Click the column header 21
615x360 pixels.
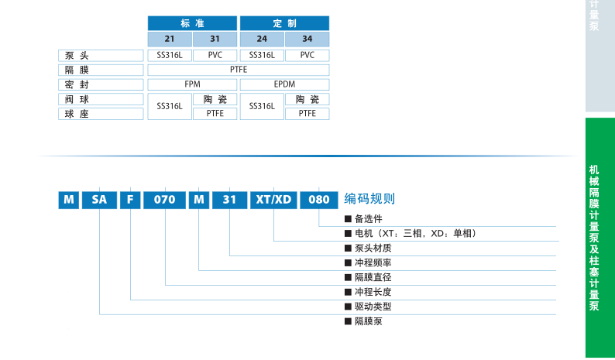coord(170,39)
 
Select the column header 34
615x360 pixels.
coord(307,39)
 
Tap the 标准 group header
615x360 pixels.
coord(192,23)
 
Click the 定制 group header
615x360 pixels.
coord(284,23)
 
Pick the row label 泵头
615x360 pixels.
coord(101,55)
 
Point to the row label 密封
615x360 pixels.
coord(101,84)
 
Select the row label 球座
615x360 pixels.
coord(101,114)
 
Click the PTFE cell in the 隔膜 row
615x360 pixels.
coord(239,70)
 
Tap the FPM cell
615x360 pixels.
coord(192,84)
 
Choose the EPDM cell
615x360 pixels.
coord(284,84)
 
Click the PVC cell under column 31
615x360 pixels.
coord(215,55)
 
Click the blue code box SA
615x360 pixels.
coord(99,200)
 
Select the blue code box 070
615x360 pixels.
coord(165,200)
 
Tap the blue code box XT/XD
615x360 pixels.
coord(273,200)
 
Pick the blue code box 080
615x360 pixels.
coord(319,200)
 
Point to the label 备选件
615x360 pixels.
coord(368,219)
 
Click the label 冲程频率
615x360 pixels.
coord(373,263)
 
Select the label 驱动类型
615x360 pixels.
coord(373,307)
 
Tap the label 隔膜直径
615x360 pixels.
coord(373,277)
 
